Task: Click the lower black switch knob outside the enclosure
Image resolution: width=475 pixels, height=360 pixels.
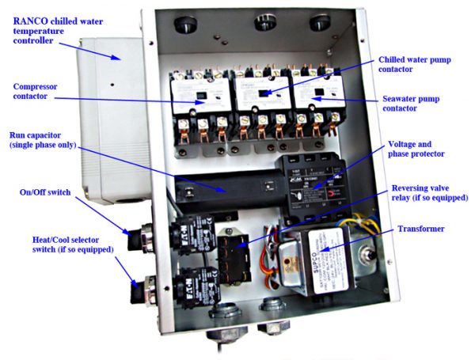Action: pyautogui.click(x=138, y=288)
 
